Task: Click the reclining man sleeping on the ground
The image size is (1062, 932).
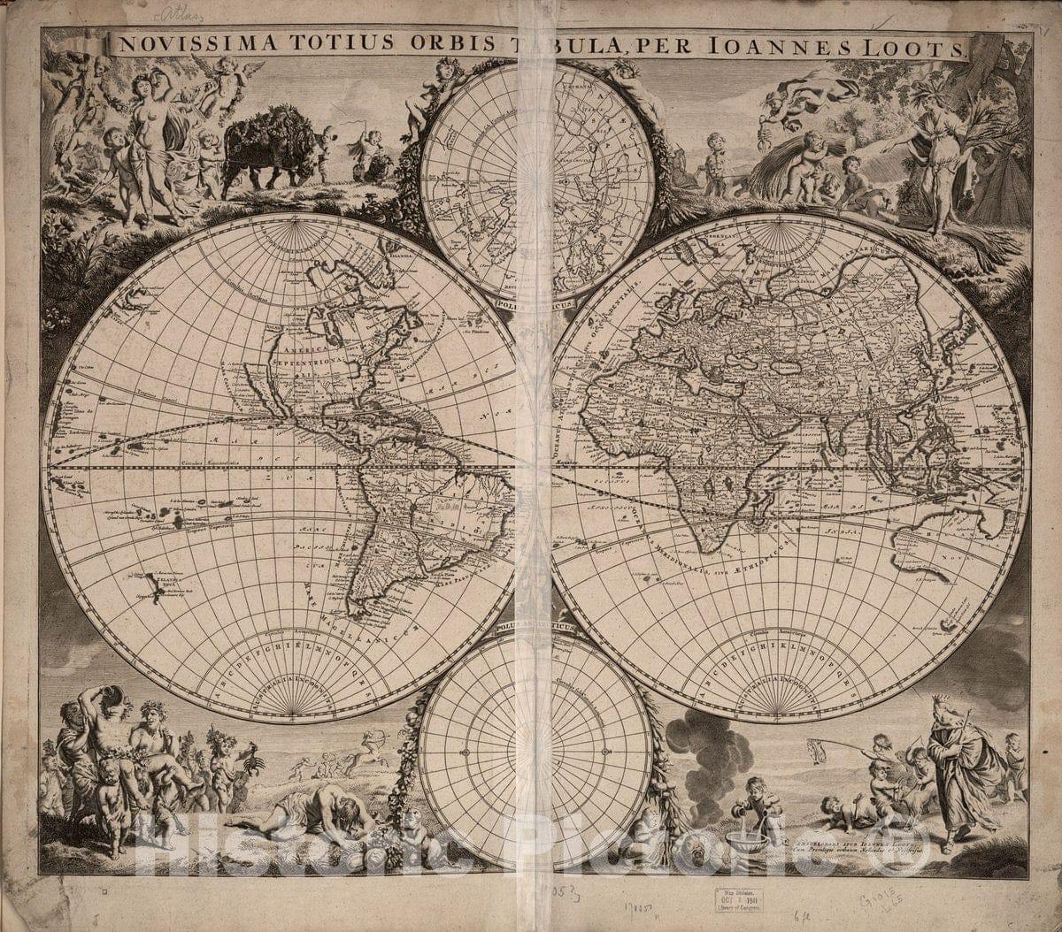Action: click(x=310, y=814)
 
